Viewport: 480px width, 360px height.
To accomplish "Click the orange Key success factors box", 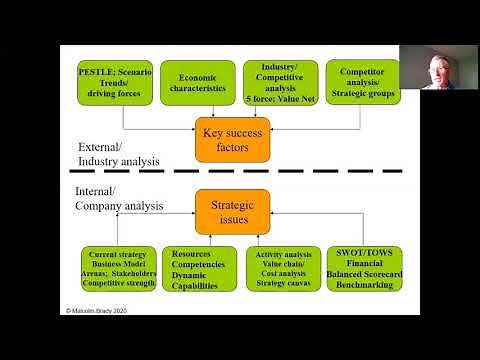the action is (x=232, y=140).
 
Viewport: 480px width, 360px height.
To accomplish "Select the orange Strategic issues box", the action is (x=232, y=211).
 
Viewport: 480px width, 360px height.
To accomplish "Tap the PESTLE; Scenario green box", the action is (x=115, y=83).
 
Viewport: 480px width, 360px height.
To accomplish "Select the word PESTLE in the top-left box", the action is (x=99, y=71).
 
